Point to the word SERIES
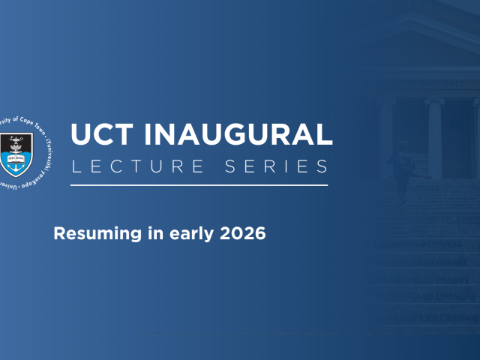pyautogui.click(x=279, y=166)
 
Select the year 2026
pyautogui.click(x=244, y=232)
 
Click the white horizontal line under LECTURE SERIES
pyautogui.click(x=199, y=184)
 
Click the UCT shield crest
pyautogui.click(x=16, y=152)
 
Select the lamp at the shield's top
pyautogui.click(x=16, y=141)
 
